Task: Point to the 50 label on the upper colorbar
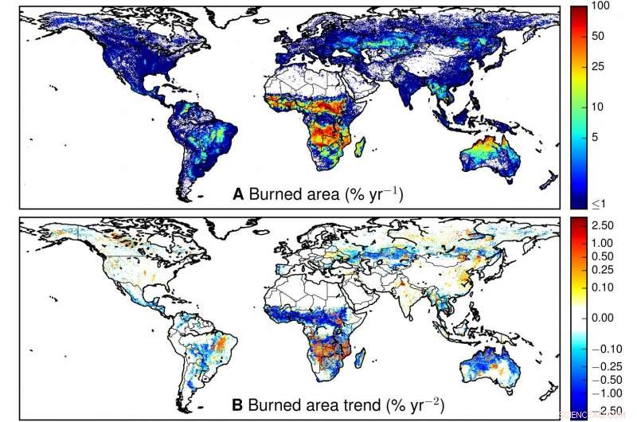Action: click(x=598, y=36)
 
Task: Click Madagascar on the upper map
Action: click(x=361, y=148)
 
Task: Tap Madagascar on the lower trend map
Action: click(x=361, y=360)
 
